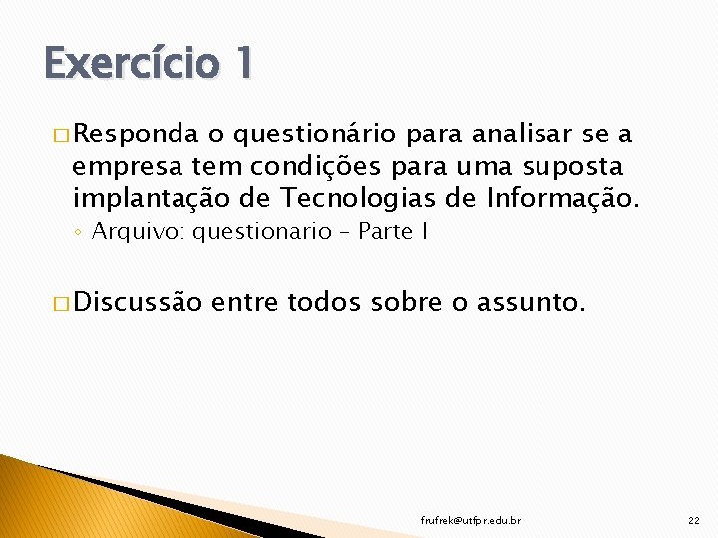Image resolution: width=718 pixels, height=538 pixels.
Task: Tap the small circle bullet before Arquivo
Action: point(79,233)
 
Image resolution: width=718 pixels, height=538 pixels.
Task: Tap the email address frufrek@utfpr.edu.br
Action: point(471,520)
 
